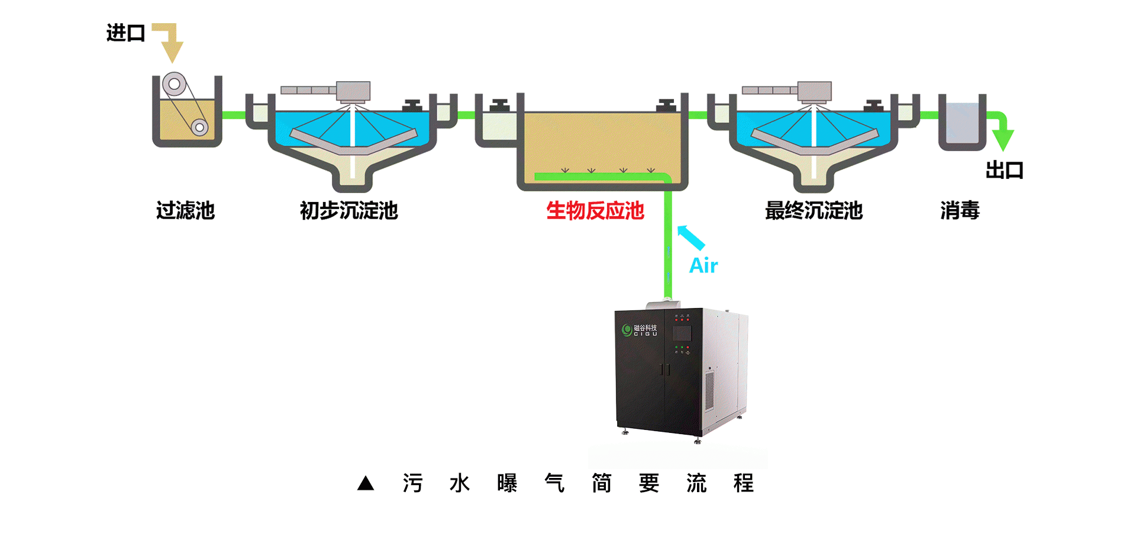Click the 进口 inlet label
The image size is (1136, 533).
pyautogui.click(x=125, y=33)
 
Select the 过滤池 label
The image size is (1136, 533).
pyautogui.click(x=185, y=210)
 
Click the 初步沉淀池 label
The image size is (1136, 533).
pyautogui.click(x=348, y=210)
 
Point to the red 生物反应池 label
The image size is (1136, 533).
pyautogui.click(x=595, y=210)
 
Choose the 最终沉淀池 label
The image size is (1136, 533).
pyautogui.click(x=814, y=210)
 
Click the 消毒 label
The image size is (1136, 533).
pyautogui.click(x=960, y=210)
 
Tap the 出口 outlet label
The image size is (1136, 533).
pyautogui.click(x=1004, y=171)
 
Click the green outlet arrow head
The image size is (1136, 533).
pyautogui.click(x=1002, y=139)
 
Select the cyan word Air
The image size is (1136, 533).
pyautogui.click(x=703, y=265)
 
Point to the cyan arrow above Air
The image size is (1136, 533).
pyautogui.click(x=690, y=237)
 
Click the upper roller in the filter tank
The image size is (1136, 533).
pyautogui.click(x=175, y=84)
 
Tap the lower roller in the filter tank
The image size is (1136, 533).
pyautogui.click(x=199, y=127)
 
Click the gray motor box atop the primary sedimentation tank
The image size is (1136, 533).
pyautogui.click(x=353, y=91)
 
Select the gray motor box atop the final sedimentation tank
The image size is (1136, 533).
pyautogui.click(x=815, y=91)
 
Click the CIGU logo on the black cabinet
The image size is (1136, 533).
pyautogui.click(x=639, y=330)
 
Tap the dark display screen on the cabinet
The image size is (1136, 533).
pyautogui.click(x=682, y=332)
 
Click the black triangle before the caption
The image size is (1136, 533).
pyautogui.click(x=366, y=483)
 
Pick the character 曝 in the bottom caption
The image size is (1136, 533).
pyautogui.click(x=507, y=483)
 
